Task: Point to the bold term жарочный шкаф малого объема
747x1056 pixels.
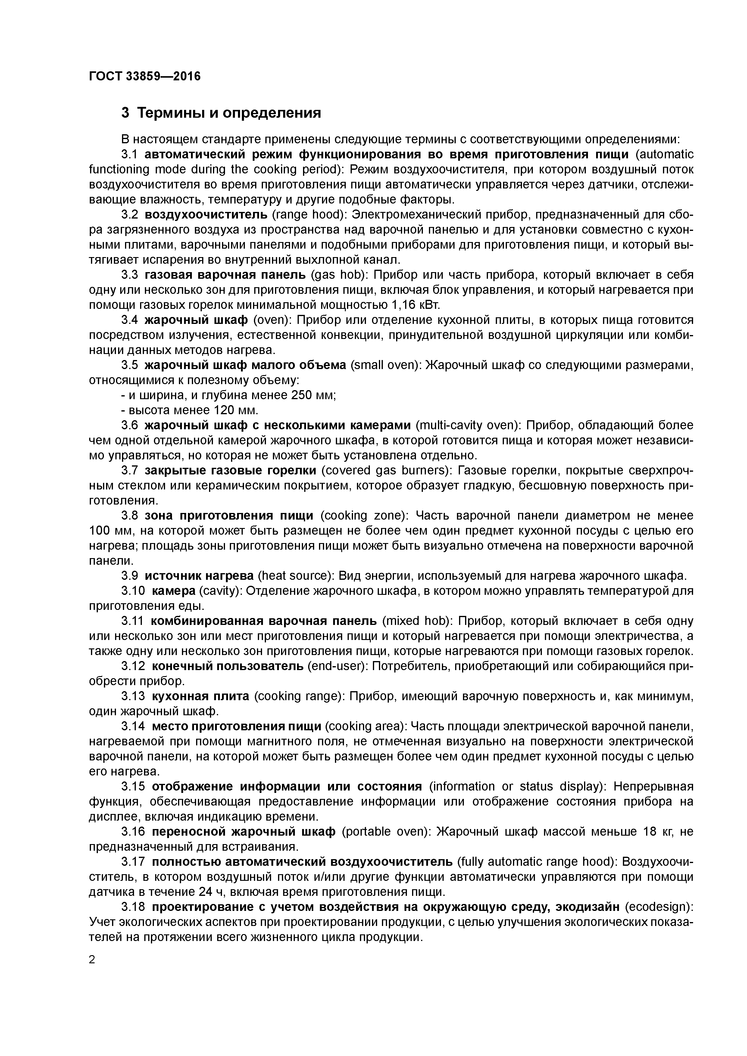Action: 245,365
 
